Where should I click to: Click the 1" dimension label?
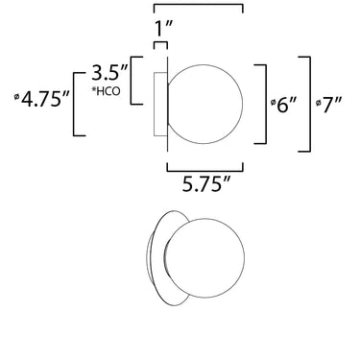(164, 28)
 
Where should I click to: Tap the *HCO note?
(107, 91)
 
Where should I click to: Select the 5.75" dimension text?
(206, 184)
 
